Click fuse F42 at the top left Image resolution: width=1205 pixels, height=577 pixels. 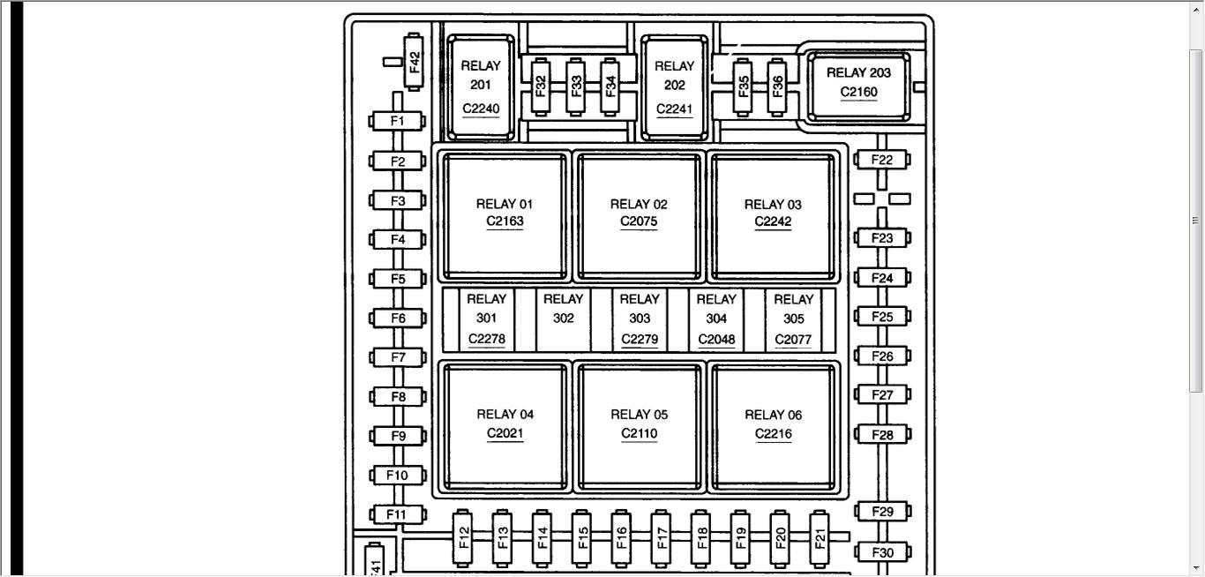(415, 62)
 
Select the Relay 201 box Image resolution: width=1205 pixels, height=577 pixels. (481, 86)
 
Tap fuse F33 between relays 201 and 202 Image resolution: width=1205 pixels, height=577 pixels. (575, 86)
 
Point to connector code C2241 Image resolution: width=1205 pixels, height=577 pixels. (674, 109)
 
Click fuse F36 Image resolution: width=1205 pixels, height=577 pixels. (777, 86)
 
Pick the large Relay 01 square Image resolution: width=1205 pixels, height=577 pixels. (505, 214)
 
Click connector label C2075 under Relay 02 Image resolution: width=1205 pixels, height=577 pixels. (639, 222)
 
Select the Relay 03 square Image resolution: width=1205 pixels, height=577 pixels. (773, 214)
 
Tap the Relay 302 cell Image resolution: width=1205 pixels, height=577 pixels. (563, 318)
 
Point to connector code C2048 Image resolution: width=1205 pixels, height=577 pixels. (716, 340)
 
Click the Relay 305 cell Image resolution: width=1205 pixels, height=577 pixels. (793, 318)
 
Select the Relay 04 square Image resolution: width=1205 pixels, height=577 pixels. (505, 424)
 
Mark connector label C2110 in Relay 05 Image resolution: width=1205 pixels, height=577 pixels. (639, 434)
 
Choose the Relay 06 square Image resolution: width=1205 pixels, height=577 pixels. (773, 424)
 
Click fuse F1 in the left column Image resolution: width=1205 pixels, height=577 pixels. (397, 121)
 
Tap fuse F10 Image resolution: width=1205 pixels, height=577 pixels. (397, 476)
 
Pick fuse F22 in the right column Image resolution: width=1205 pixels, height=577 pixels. (882, 160)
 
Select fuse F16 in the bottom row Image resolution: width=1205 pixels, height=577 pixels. (621, 536)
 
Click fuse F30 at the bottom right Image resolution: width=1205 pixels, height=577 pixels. (882, 553)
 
